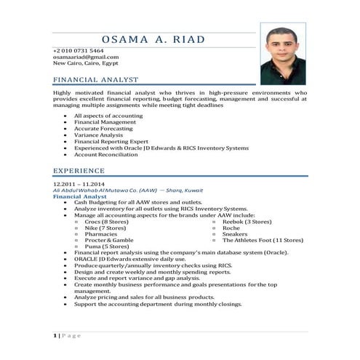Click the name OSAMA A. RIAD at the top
(154, 39)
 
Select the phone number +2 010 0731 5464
(78, 50)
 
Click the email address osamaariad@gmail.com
(86, 57)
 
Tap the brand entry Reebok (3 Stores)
(247, 222)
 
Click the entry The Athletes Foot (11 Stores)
(263, 240)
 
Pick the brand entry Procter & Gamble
(109, 240)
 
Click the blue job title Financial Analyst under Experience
(80, 196)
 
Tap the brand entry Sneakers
(234, 234)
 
